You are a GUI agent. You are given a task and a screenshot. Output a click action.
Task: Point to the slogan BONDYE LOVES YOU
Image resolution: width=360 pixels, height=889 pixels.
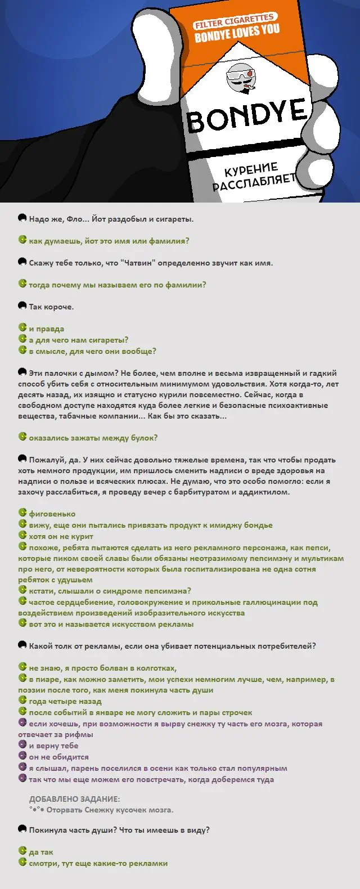pos(237,33)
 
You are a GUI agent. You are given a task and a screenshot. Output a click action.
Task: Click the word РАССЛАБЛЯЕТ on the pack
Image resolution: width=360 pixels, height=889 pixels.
pos(254,182)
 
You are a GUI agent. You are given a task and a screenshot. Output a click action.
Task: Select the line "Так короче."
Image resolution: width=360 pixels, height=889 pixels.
pos(51,307)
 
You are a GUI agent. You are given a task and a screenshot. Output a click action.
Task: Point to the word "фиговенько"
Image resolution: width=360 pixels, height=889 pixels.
pos(52,514)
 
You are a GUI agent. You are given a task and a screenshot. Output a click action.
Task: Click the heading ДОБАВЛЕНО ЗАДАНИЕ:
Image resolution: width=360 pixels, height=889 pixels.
pos(74,799)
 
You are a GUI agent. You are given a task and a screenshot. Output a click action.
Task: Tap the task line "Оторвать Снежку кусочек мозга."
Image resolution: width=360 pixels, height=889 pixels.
pos(110,810)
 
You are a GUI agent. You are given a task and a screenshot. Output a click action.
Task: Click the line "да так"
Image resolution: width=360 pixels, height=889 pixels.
pos(41,852)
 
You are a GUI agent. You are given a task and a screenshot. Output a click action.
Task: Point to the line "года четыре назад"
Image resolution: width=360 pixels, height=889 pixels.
pos(65,701)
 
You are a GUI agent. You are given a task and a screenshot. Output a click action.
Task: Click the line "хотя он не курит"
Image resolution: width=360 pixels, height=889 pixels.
pos(61,536)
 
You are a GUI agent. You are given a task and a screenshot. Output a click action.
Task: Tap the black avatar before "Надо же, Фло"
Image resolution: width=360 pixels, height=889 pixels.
pos(22,218)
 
